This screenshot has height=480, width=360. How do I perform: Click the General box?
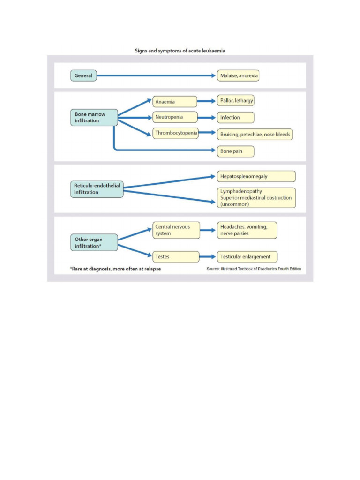point(83,75)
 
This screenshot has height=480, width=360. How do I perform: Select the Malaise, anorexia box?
point(238,75)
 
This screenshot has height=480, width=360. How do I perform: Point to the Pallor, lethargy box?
point(236,101)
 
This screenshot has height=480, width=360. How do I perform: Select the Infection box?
point(236,117)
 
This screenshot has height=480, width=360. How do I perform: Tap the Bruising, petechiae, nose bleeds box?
point(255,135)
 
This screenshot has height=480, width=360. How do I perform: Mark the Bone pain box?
point(236,151)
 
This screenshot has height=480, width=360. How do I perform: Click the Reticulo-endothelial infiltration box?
point(97,189)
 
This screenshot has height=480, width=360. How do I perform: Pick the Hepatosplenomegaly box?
point(256,176)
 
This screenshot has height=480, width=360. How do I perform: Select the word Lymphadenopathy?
point(241,191)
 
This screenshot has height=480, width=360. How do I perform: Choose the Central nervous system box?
point(176,230)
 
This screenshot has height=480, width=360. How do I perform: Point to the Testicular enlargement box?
point(247,256)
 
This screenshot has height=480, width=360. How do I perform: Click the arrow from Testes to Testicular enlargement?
point(207,256)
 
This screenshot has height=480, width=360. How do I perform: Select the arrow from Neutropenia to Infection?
point(207,117)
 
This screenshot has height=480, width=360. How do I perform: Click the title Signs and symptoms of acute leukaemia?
point(180,51)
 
